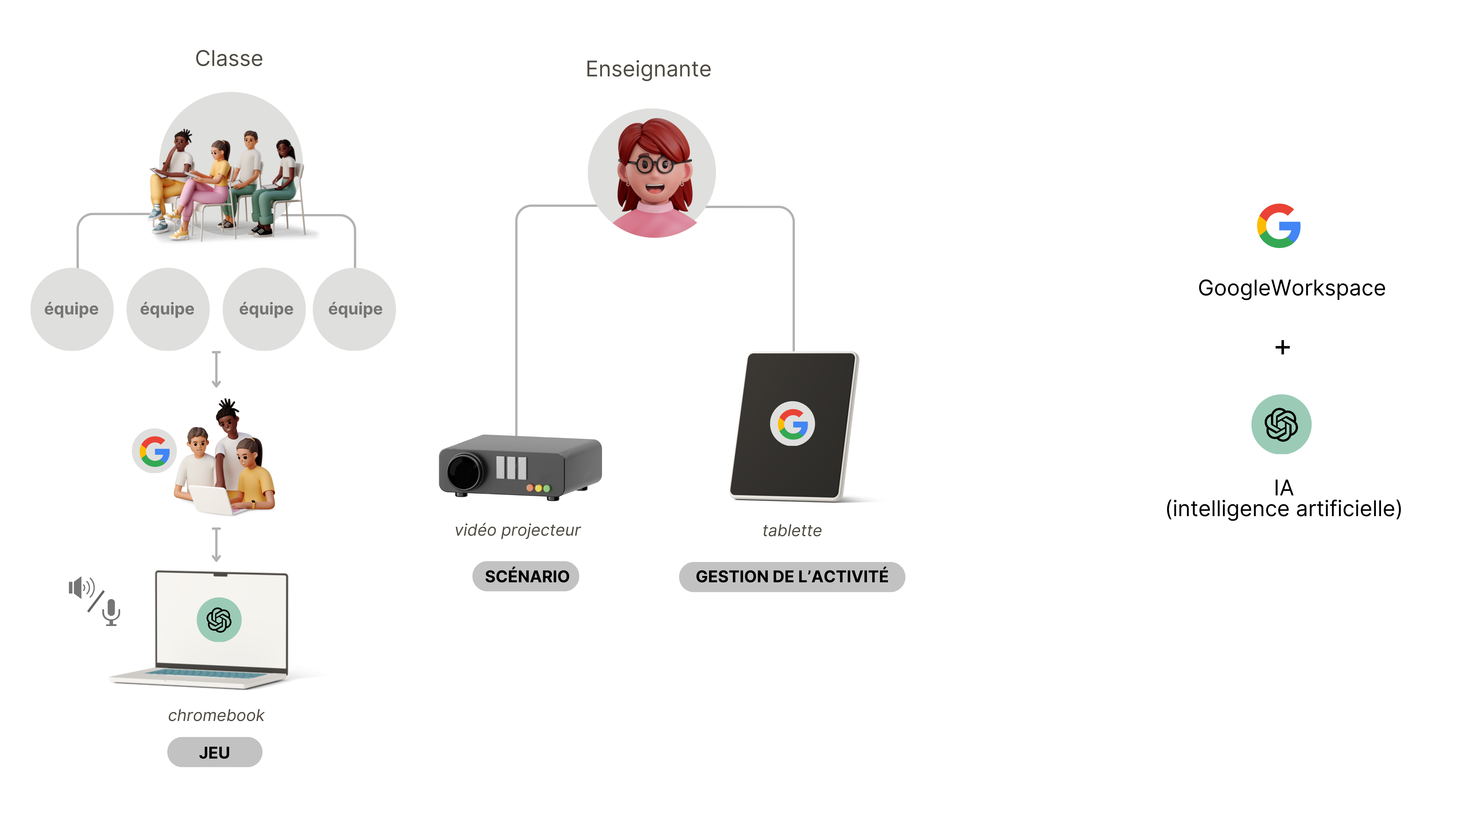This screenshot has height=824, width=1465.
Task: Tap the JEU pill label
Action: [214, 752]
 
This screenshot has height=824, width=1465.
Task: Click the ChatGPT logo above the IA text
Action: [1281, 424]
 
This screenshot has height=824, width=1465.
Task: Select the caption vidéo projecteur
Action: [518, 530]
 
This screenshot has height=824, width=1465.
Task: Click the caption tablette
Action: [792, 531]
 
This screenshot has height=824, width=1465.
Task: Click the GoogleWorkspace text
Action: [1292, 288]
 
